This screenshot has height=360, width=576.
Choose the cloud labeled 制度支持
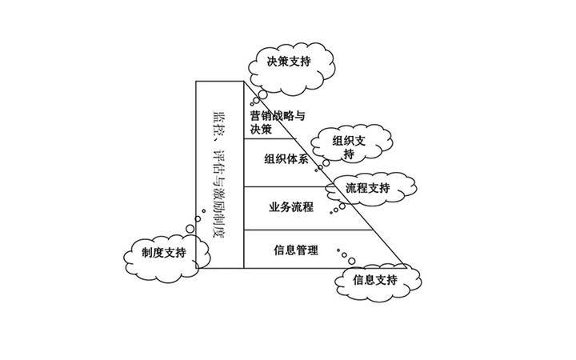pyautogui.click(x=164, y=253)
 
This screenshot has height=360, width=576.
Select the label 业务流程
pyautogui.click(x=291, y=206)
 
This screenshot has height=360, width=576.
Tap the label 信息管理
pyautogui.click(x=296, y=250)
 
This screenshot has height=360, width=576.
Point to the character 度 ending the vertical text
pyautogui.click(x=218, y=238)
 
